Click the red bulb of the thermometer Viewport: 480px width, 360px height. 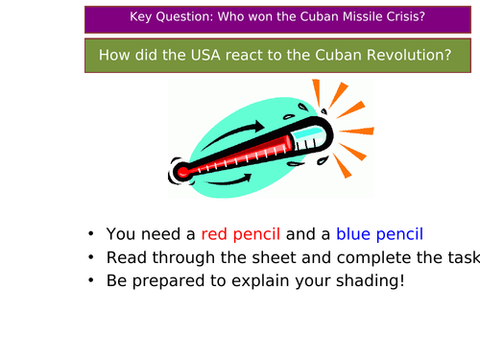click(x=182, y=173)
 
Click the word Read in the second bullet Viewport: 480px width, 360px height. click(x=126, y=257)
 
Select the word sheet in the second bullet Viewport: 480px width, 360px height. click(x=248, y=257)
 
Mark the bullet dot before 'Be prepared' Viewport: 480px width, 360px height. click(x=90, y=281)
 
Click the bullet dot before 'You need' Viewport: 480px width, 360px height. click(x=90, y=234)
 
